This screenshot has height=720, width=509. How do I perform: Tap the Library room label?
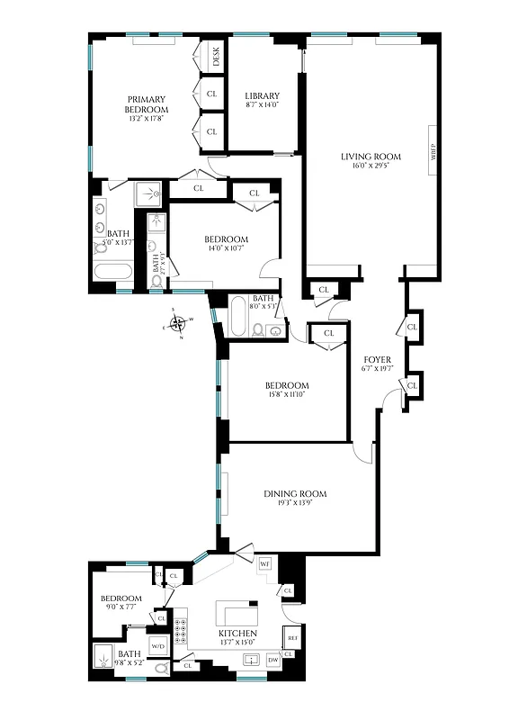[x=263, y=96]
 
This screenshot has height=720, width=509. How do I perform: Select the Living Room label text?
[x=371, y=157]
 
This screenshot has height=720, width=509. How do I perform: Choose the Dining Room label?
[x=295, y=493]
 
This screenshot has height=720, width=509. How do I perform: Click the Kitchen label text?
[x=237, y=634]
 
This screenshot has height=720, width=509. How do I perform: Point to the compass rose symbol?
[x=178, y=322]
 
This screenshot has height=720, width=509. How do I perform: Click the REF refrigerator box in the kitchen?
[x=292, y=637]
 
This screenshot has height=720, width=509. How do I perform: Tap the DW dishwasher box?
[x=273, y=661]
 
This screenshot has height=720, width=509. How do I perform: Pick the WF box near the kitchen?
[x=265, y=563]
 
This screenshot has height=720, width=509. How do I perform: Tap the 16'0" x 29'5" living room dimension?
[x=371, y=166]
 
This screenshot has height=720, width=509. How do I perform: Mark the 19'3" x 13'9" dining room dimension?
[x=295, y=503]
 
